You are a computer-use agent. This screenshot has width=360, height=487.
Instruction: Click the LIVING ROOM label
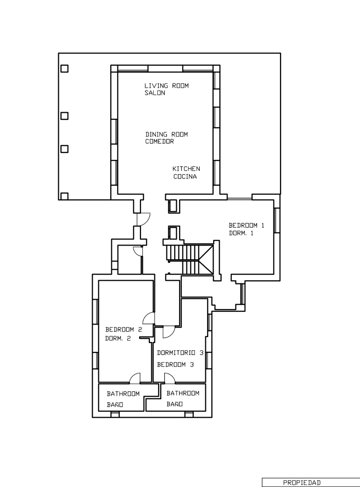[x=166, y=86]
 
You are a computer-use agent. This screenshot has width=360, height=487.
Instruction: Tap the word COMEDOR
[x=159, y=141]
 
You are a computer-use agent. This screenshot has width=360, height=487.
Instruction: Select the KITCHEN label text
[x=186, y=169]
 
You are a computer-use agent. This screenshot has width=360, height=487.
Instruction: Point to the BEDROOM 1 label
[x=246, y=225]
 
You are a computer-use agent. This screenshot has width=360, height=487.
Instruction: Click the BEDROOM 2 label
[x=124, y=329]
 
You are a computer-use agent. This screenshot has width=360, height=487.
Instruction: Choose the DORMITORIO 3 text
[x=180, y=353]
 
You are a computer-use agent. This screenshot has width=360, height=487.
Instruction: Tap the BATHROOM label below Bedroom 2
[x=123, y=394]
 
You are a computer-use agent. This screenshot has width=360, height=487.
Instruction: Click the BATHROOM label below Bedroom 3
[x=183, y=393]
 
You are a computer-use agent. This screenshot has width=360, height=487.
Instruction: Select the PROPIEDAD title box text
[x=302, y=483]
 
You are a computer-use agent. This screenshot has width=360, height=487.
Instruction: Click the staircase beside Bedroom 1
[x=190, y=260]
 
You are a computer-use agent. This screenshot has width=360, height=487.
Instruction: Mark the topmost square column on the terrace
[x=64, y=68]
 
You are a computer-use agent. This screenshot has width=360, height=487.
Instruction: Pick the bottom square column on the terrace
[x=64, y=196]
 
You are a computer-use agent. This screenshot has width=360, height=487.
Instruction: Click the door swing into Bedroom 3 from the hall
[x=169, y=332]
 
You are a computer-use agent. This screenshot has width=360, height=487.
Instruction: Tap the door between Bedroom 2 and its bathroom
[x=135, y=378]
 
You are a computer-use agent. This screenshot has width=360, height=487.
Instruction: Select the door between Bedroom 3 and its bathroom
[x=170, y=378]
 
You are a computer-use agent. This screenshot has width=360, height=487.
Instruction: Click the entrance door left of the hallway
[x=143, y=219]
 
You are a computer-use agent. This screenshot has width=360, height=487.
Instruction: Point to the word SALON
[x=155, y=93]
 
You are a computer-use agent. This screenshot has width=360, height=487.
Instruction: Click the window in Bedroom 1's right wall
[x=277, y=220]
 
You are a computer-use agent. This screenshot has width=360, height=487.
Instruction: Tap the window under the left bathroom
[x=115, y=414]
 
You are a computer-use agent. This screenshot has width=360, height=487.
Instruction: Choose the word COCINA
[x=185, y=176]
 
